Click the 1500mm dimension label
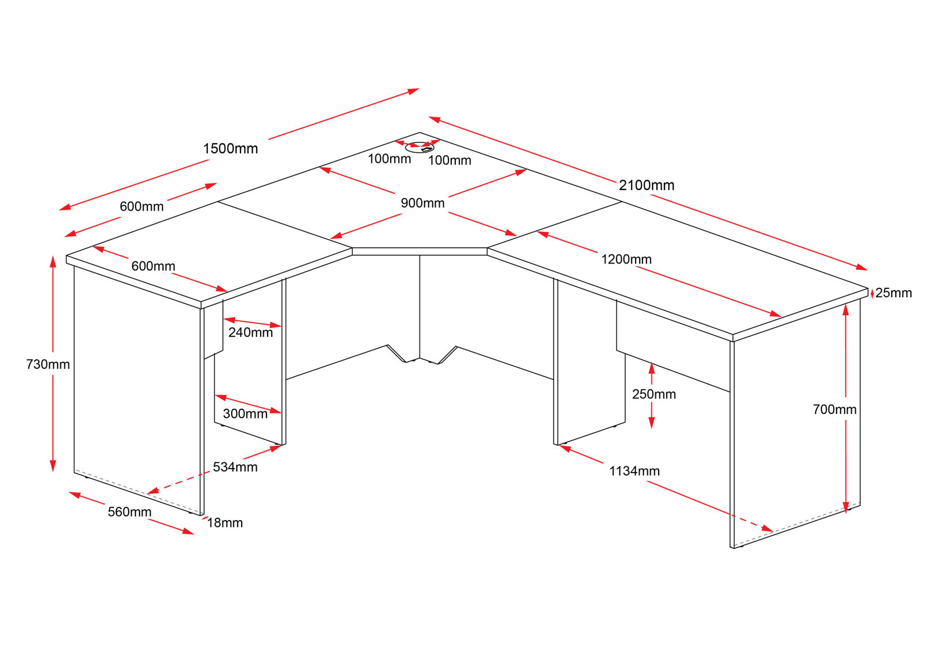230,149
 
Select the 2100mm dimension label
647,185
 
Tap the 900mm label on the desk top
422,203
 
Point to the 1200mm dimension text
626,259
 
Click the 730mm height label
48,364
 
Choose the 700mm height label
834,409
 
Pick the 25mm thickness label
893,293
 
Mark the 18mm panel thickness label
225,523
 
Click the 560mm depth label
129,512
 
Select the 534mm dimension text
235,467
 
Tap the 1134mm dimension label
634,471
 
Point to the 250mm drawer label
654,394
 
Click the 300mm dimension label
245,414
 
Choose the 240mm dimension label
250,332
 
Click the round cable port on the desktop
419,148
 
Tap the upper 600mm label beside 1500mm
141,207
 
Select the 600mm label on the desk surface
153,266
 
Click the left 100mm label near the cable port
389,159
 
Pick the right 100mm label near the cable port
450,160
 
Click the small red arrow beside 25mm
872,294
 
